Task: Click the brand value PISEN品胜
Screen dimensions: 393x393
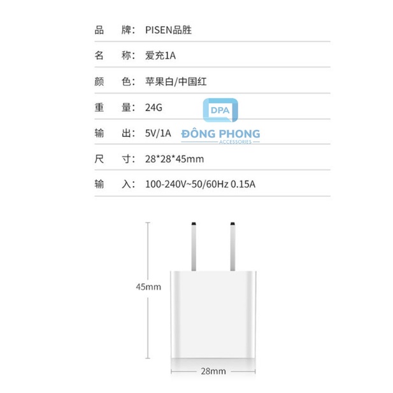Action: pyautogui.click(x=168, y=30)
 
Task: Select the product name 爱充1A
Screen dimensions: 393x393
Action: pyautogui.click(x=161, y=55)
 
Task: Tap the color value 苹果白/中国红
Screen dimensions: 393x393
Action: pyautogui.click(x=176, y=82)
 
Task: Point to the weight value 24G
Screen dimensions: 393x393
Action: pyautogui.click(x=154, y=108)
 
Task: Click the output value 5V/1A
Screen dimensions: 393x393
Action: pyautogui.click(x=158, y=133)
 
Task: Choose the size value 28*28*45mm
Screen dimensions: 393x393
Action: pyautogui.click(x=175, y=159)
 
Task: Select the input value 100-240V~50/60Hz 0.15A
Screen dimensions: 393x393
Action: pyautogui.click(x=200, y=184)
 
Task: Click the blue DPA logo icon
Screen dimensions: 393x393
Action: pyautogui.click(x=220, y=110)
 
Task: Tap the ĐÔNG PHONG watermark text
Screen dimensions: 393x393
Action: pyautogui.click(x=220, y=134)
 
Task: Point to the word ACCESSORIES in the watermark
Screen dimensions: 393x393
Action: pyautogui.click(x=235, y=142)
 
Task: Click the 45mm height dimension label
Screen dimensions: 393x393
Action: pyautogui.click(x=148, y=287)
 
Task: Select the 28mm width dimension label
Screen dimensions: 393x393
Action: pyautogui.click(x=213, y=371)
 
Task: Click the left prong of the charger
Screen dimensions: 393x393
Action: pyautogui.click(x=194, y=247)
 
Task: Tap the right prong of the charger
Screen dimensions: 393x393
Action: pyautogui.click(x=232, y=247)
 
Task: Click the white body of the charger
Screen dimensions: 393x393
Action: pyautogui.click(x=213, y=315)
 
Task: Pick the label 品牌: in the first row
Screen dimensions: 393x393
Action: pyautogui.click(x=115, y=30)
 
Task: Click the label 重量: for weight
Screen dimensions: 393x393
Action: pyautogui.click(x=115, y=108)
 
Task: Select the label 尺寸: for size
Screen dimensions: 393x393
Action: pyautogui.click(x=115, y=159)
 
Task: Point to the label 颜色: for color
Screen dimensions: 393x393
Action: pyautogui.click(x=115, y=82)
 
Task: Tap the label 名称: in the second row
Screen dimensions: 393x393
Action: pyautogui.click(x=115, y=55)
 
